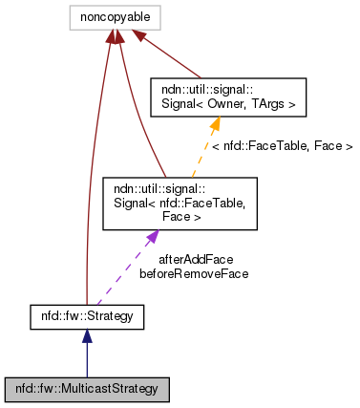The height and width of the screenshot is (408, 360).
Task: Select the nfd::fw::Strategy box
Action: click(x=87, y=315)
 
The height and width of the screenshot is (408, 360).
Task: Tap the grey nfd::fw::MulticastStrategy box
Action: click(x=87, y=390)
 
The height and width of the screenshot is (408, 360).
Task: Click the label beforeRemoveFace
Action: click(x=194, y=273)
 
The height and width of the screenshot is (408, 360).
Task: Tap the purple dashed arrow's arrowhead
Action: click(x=150, y=236)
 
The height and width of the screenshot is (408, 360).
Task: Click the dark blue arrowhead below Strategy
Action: click(x=87, y=336)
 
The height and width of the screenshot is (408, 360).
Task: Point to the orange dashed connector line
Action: click(x=203, y=153)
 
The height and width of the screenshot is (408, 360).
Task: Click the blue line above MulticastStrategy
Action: click(x=87, y=361)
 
